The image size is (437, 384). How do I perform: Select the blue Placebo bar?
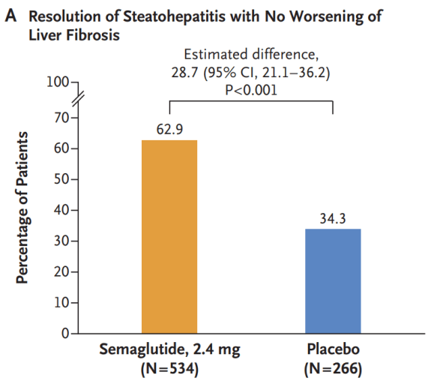(x=333, y=280)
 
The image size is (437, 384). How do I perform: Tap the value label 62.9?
(x=169, y=129)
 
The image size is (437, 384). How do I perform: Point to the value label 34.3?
(x=333, y=218)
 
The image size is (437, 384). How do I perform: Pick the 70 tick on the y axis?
(x=59, y=118)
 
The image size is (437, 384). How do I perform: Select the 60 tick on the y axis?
(x=59, y=148)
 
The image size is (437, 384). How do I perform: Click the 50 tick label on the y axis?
(x=59, y=179)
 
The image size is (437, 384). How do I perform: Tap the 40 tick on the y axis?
(x=59, y=210)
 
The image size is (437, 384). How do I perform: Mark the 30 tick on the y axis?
(x=59, y=241)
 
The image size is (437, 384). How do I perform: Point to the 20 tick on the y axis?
(x=59, y=271)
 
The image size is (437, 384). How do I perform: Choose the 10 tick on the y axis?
(x=59, y=302)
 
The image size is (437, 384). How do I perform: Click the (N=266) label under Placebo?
(x=333, y=369)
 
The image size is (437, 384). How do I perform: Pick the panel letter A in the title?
(x=10, y=16)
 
